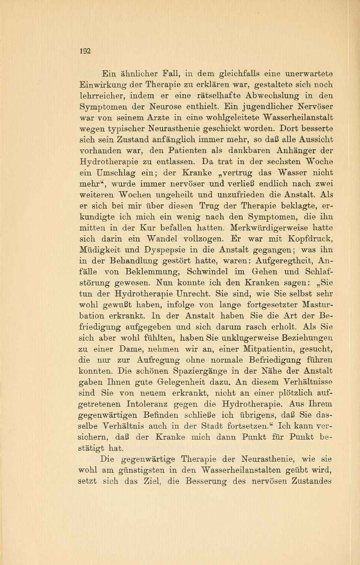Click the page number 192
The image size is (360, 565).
tap(85, 51)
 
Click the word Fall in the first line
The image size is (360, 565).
tap(167, 73)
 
